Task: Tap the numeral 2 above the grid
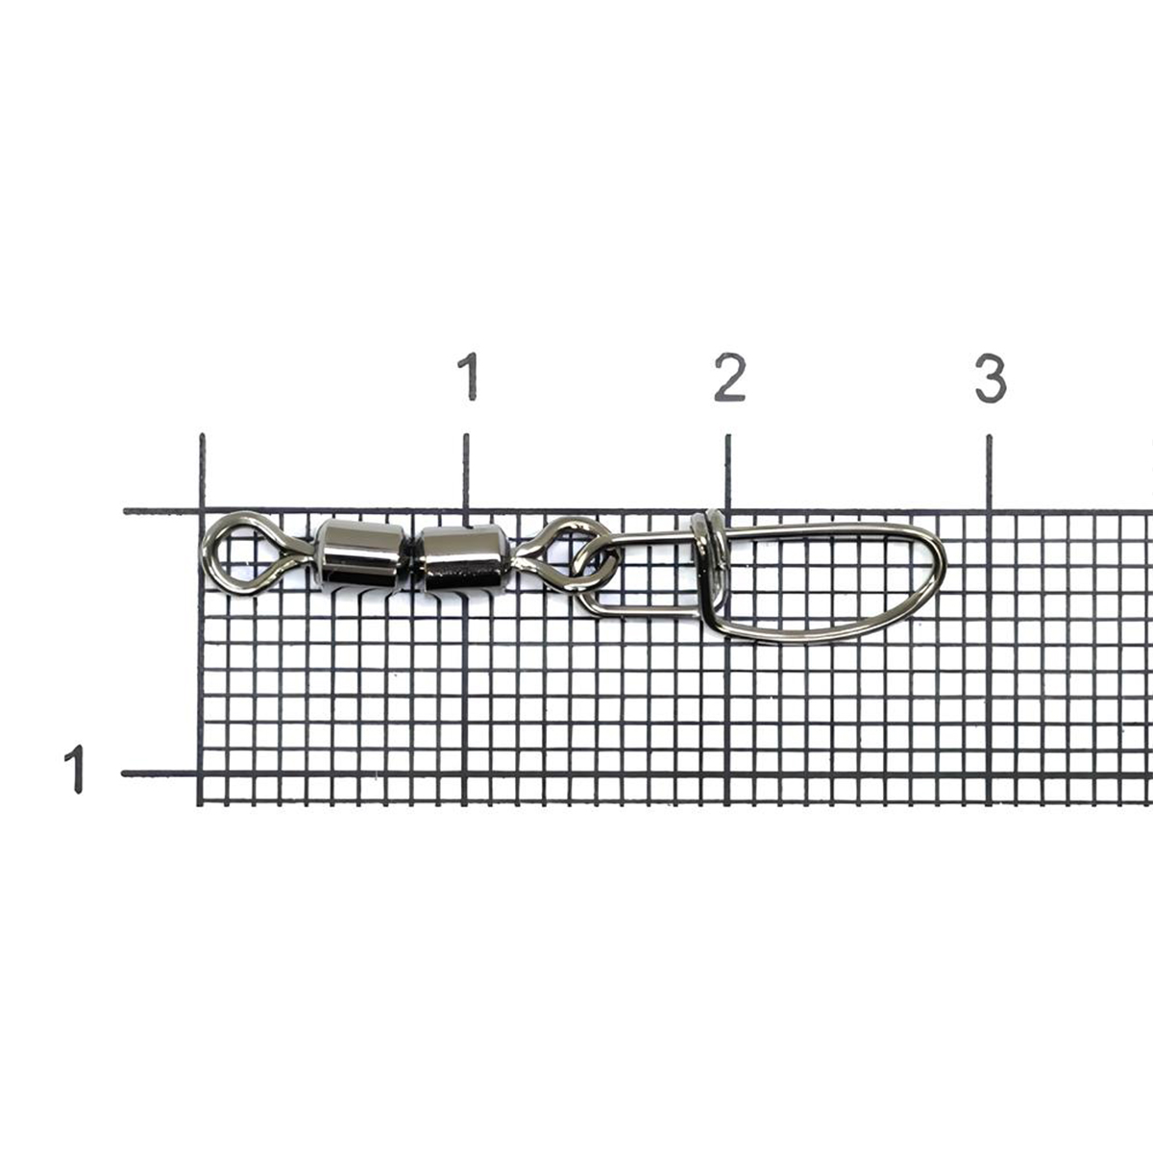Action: point(730,377)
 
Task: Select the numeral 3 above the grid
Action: point(991,378)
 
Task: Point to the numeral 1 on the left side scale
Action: point(74,769)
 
